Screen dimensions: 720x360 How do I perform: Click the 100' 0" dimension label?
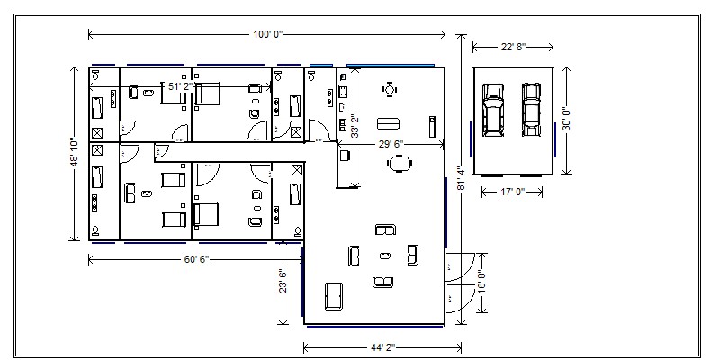coord(268,34)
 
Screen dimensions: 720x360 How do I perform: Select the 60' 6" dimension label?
coord(196,259)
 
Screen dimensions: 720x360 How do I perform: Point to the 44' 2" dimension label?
coord(383,347)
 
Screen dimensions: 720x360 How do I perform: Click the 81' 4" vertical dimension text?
coord(462,177)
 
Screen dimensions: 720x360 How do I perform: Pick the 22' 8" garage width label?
coord(513,47)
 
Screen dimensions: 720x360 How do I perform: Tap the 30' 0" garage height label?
coord(567,119)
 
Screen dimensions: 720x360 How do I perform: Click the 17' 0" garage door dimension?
coord(512,192)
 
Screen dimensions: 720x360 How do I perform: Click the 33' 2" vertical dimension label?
coord(355,125)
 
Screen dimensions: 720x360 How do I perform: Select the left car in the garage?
coord(492,110)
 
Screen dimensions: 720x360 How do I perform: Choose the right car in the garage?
coord(531,109)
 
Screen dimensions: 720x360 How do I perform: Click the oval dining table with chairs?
coord(399,163)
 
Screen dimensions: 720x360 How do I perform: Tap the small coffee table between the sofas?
coord(386,256)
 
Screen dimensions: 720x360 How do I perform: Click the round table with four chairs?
coord(390,89)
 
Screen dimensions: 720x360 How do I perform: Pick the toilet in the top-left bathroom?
coord(96,75)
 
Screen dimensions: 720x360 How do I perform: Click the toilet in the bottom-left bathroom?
coord(96,230)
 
